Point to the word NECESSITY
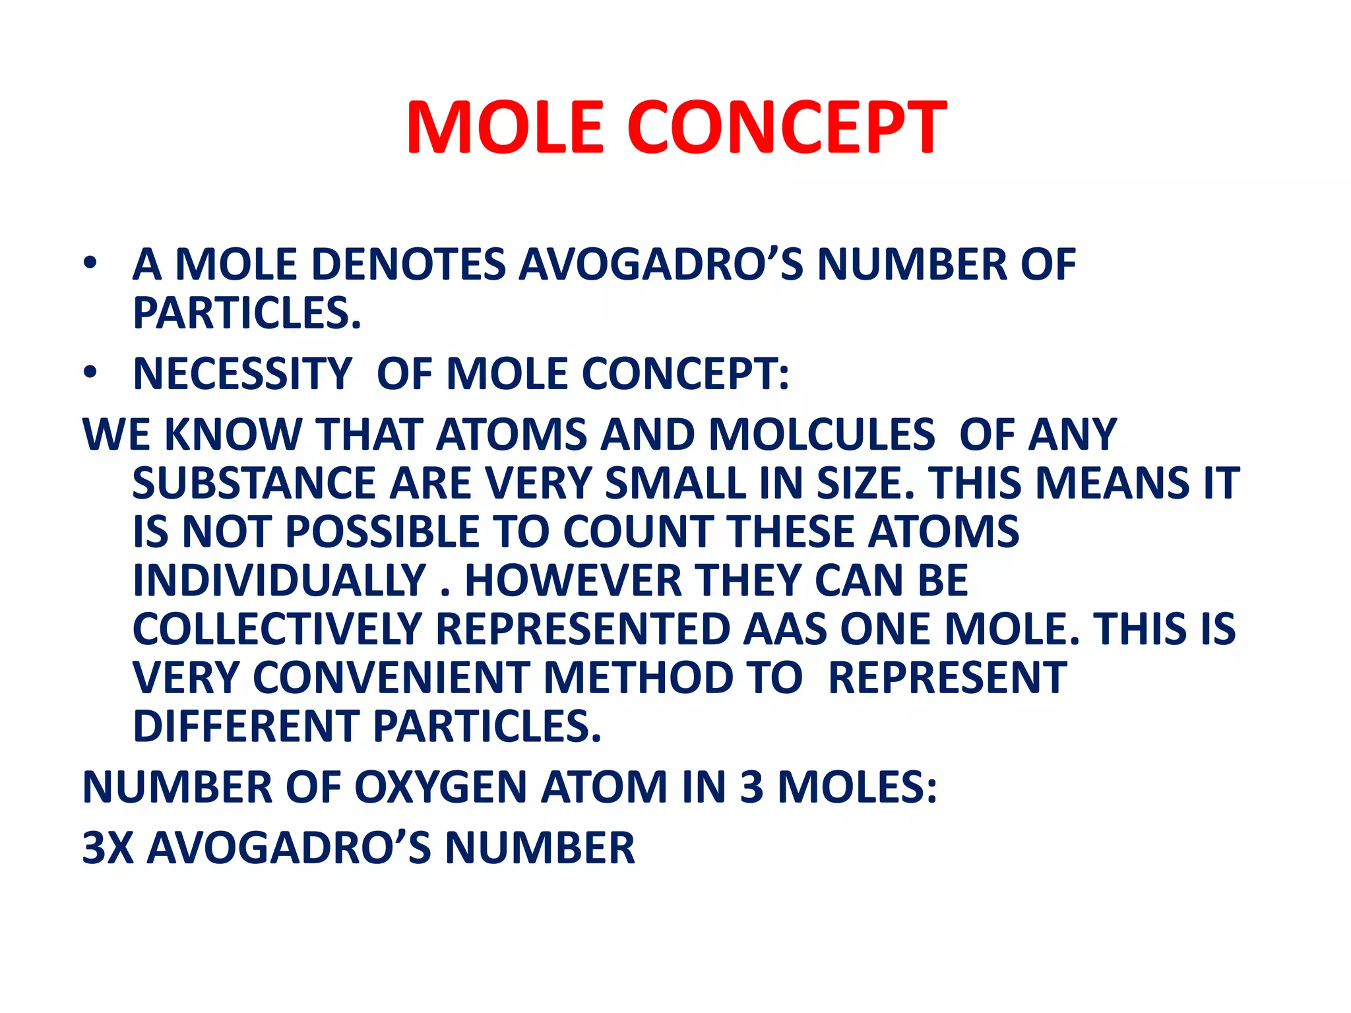coord(242,374)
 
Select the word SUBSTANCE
coord(254,483)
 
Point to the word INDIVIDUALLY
coord(279,580)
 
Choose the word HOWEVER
coord(573,580)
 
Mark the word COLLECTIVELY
coord(277,629)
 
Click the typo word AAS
coord(785,629)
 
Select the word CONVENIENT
coord(391,677)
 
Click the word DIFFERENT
coord(246,726)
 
